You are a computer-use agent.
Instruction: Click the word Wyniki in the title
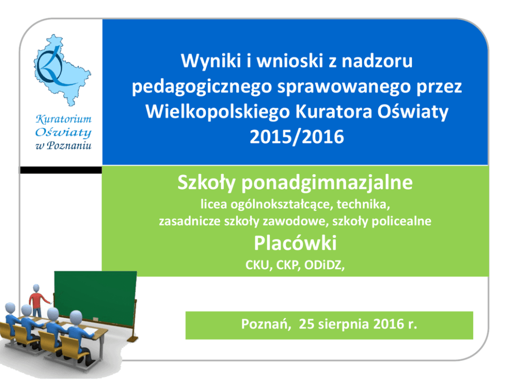pyautogui.click(x=211, y=61)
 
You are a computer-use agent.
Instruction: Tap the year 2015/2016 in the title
pyautogui.click(x=297, y=137)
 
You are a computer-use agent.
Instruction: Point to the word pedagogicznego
pyautogui.click(x=202, y=87)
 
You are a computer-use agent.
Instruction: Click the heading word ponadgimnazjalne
pyautogui.click(x=327, y=183)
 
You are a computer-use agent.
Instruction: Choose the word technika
pyautogui.click(x=363, y=204)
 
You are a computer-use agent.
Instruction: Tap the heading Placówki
pyautogui.click(x=295, y=243)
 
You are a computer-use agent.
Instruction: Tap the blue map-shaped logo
pyautogui.click(x=62, y=70)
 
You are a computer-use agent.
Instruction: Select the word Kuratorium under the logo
pyautogui.click(x=63, y=119)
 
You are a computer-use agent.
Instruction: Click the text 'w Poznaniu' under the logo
pyautogui.click(x=63, y=146)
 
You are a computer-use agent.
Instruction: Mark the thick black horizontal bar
pyautogui.click(x=61, y=170)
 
